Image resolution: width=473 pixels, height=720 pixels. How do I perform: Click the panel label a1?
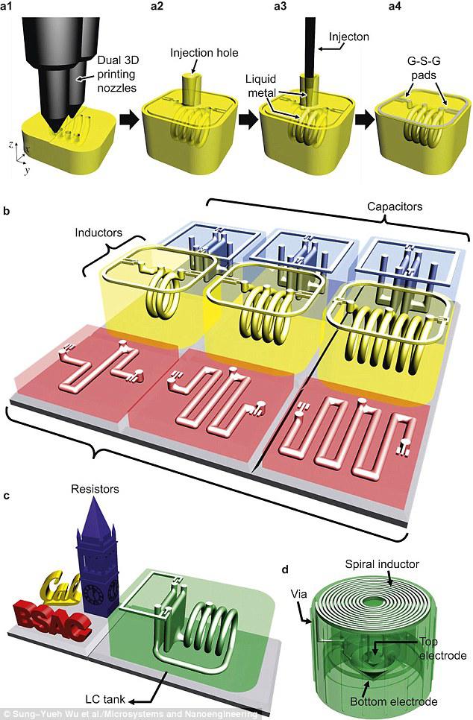point(11,7)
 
